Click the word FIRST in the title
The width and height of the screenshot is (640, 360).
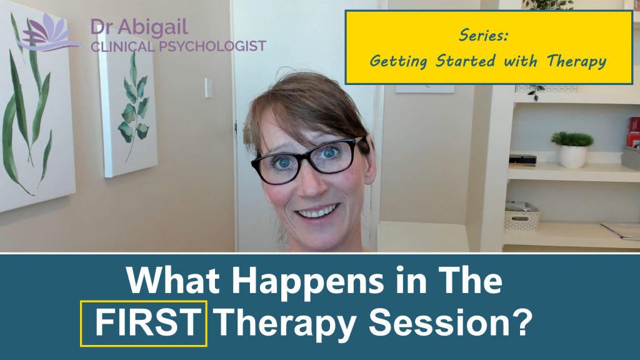pyautogui.click(x=143, y=323)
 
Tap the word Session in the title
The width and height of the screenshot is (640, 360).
pyautogui.click(x=446, y=323)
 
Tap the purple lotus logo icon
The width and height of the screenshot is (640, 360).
pyautogui.click(x=47, y=34)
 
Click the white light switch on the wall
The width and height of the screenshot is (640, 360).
pyautogui.click(x=208, y=87)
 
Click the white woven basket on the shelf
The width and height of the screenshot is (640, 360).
pyautogui.click(x=522, y=216)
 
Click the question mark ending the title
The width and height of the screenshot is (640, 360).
pyautogui.click(x=524, y=323)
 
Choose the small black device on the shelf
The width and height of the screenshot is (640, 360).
pyautogui.click(x=522, y=159)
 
